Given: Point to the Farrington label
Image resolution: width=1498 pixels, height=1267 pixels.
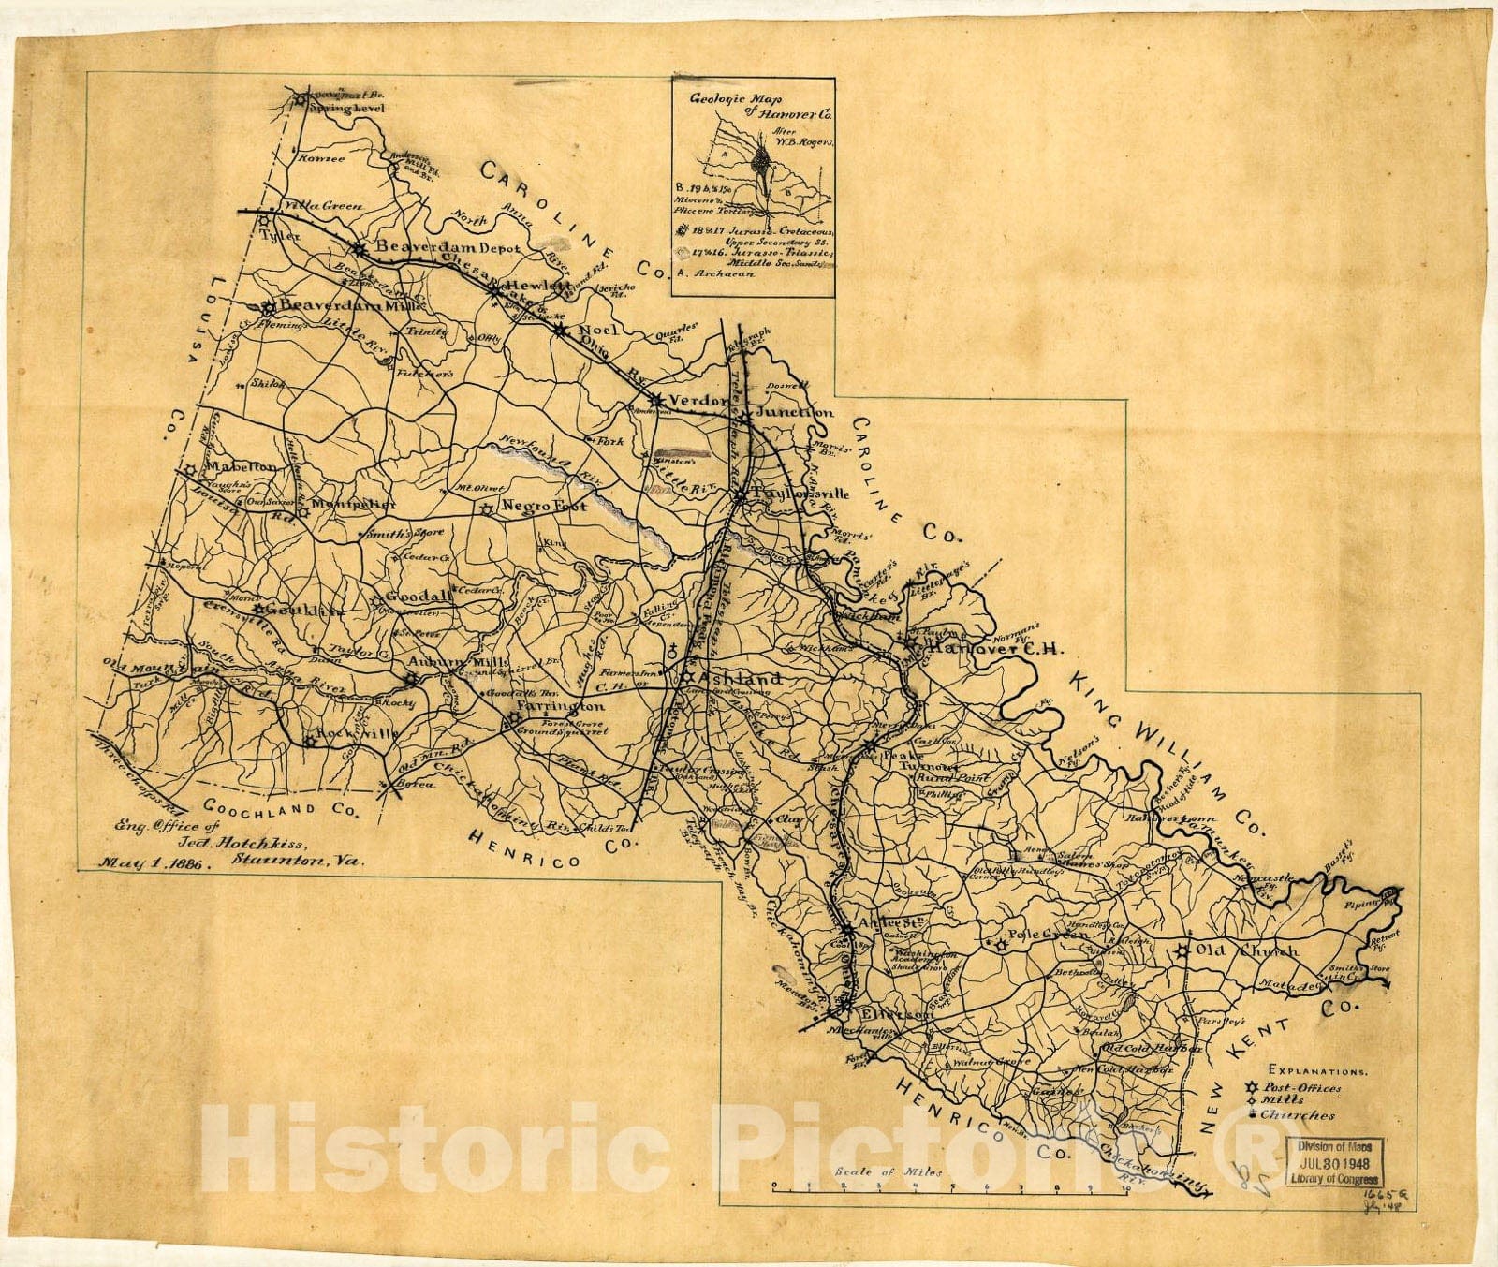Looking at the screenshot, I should pyautogui.click(x=560, y=706).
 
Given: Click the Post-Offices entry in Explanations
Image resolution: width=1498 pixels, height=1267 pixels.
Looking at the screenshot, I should pyautogui.click(x=1308, y=1087).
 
